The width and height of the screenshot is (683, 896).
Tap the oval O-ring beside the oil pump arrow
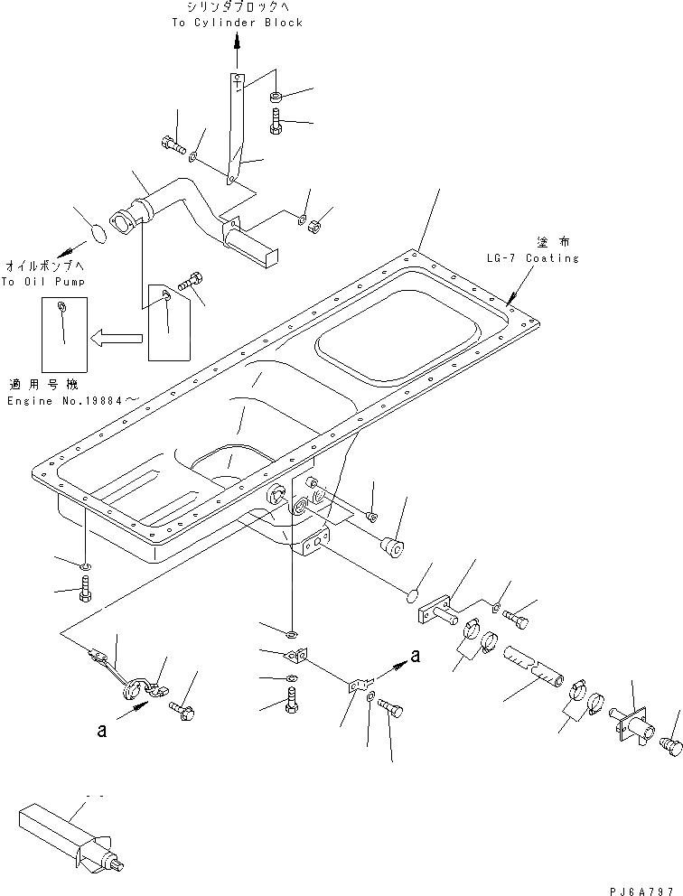click(x=99, y=236)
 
